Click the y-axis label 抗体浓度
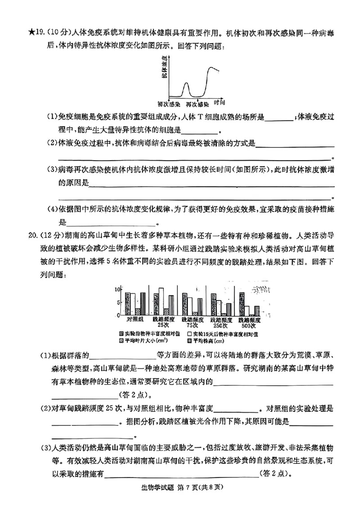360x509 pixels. click(x=165, y=68)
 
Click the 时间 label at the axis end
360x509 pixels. click(x=219, y=102)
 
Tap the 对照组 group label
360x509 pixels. click(x=135, y=319)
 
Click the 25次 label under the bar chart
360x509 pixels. click(x=163, y=325)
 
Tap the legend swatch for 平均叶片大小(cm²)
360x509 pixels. click(x=121, y=340)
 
